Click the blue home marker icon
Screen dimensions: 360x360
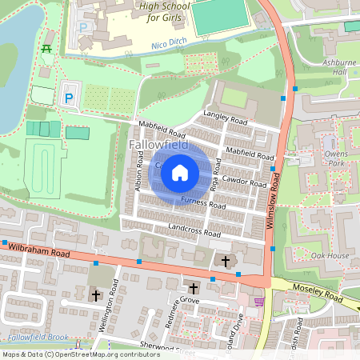coord(180,172)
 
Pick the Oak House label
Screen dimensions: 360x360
coord(330,255)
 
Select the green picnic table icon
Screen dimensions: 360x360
coord(46,50)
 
